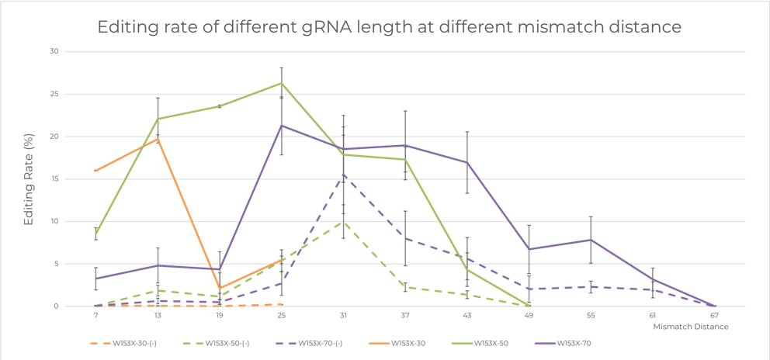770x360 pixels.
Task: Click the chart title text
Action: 390,28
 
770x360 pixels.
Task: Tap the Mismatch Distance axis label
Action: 699,327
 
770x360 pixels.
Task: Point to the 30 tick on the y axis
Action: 55,51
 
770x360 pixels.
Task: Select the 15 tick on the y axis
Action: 55,178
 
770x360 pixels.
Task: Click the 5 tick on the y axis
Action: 57,264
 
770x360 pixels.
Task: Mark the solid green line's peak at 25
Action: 282,83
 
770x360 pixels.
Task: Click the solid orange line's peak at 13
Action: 158,139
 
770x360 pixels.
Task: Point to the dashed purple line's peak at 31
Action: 343,175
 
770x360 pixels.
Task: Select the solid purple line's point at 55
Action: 590,240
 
